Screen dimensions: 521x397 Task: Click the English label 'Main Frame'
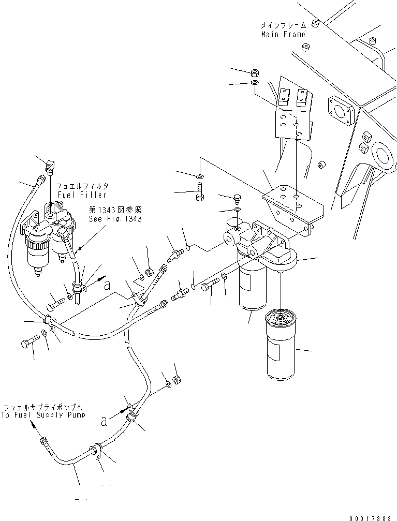[x=283, y=34]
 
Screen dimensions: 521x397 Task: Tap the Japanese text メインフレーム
[x=284, y=25]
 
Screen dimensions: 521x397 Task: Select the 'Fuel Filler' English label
[x=81, y=195]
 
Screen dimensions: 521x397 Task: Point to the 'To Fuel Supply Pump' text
[x=43, y=415]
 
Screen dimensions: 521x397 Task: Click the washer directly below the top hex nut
[x=255, y=83]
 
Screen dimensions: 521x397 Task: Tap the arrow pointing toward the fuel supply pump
[x=34, y=426]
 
